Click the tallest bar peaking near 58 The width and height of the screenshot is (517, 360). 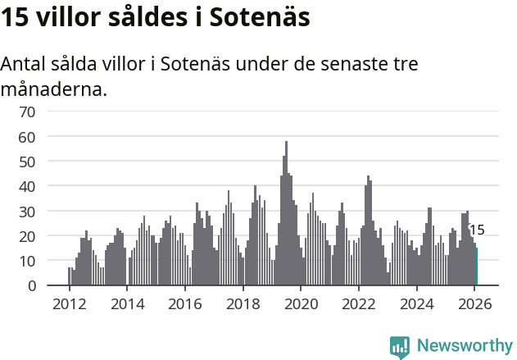pos(286,213)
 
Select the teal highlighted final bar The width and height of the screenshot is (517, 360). pos(477,267)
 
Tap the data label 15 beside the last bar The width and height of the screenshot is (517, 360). pos(477,230)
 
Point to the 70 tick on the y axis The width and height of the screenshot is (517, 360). pos(27,112)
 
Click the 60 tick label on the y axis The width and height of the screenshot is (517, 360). pos(27,136)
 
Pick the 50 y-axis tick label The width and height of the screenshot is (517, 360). pos(27,162)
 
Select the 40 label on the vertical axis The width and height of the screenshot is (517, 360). pos(27,186)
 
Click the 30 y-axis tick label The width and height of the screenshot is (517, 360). pos(27,212)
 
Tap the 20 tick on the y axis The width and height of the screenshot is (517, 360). pos(27,236)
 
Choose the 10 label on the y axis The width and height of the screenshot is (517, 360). pos(27,261)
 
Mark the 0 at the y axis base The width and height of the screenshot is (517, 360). pos(31,286)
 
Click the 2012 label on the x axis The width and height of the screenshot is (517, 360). pos(69,303)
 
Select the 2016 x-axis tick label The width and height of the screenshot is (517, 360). pos(185,303)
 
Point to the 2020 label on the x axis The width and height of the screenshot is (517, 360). pos(301,303)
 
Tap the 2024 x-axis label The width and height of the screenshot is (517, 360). pos(417,303)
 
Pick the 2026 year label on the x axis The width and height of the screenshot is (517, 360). pos(475,303)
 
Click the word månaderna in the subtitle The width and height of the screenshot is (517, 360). pos(54,89)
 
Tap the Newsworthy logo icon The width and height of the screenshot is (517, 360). pos(400,347)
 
